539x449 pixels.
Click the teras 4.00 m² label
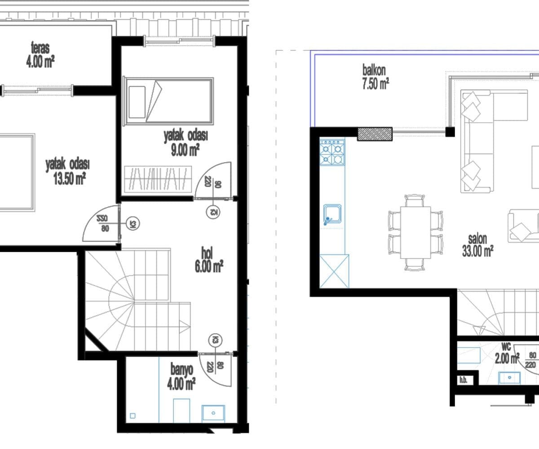(40, 55)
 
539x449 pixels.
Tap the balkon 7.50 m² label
(376, 77)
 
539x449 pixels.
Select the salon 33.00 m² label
(477, 246)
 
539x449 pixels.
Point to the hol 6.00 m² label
(209, 260)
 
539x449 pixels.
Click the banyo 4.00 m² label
(181, 377)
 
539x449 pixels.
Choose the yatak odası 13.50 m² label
(68, 172)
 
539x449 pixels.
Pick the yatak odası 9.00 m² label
(186, 143)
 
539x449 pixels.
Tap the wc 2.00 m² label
(507, 353)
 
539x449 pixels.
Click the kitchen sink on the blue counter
(332, 214)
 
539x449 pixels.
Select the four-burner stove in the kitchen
(332, 152)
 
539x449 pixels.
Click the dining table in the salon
(415, 232)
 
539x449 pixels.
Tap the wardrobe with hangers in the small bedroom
(158, 179)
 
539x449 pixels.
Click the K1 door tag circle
(133, 224)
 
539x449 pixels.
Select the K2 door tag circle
(213, 212)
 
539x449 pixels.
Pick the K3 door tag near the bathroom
(215, 340)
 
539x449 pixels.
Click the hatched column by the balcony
(375, 134)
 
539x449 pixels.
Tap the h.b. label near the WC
(464, 380)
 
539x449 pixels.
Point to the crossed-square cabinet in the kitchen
(334, 271)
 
